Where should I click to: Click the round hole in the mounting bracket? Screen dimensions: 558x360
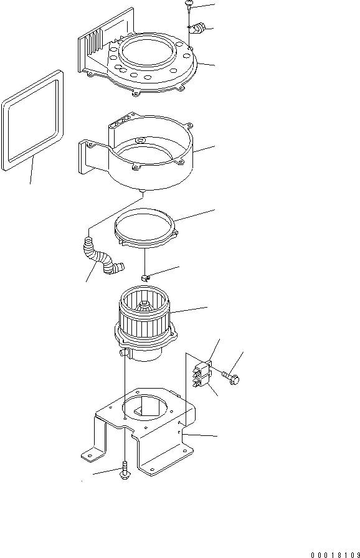click(x=144, y=412)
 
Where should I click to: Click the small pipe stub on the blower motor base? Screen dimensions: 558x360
click(x=122, y=353)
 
